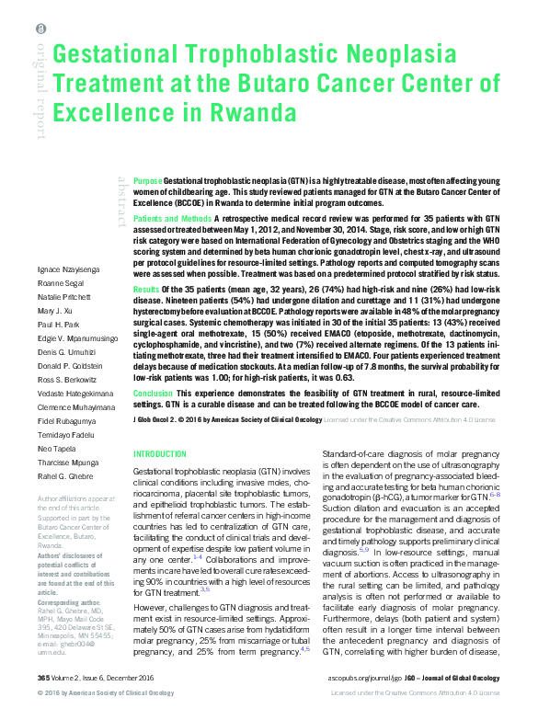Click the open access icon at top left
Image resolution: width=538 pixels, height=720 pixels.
(40, 29)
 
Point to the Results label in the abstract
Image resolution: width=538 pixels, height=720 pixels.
(146, 289)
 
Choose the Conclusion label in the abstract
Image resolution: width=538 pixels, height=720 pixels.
(153, 392)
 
